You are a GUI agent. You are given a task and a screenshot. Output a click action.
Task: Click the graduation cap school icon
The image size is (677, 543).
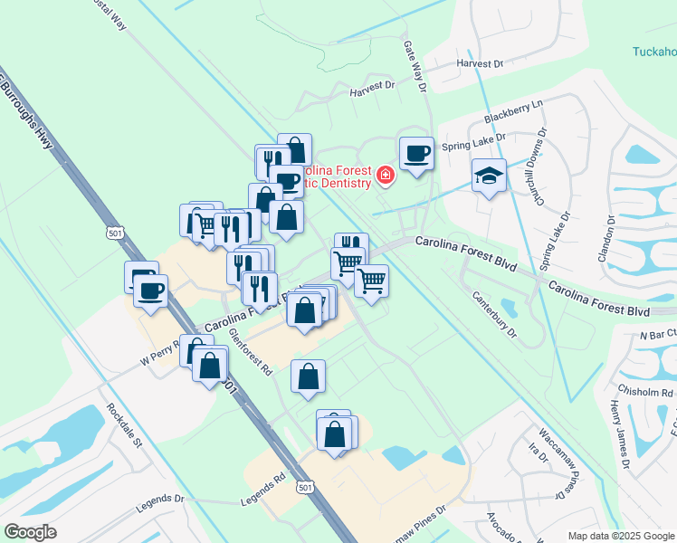[489, 176]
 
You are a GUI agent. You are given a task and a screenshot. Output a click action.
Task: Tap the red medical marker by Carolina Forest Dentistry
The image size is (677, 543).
[386, 175]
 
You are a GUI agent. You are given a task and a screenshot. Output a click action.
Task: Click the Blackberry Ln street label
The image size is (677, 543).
[512, 112]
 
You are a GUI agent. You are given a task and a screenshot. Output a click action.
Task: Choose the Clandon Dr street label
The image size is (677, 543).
[606, 237]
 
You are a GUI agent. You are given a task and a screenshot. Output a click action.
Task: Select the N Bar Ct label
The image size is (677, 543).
[658, 335]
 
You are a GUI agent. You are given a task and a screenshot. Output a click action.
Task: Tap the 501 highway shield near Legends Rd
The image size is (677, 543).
[305, 488]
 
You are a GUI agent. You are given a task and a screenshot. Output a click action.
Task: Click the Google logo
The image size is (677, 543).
[30, 532]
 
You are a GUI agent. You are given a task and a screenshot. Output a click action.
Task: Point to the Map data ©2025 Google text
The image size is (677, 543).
[620, 536]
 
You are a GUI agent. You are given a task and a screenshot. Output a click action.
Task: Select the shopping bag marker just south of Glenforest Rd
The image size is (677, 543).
[308, 376]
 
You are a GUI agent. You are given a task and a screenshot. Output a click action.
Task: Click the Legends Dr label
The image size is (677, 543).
[161, 499]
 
